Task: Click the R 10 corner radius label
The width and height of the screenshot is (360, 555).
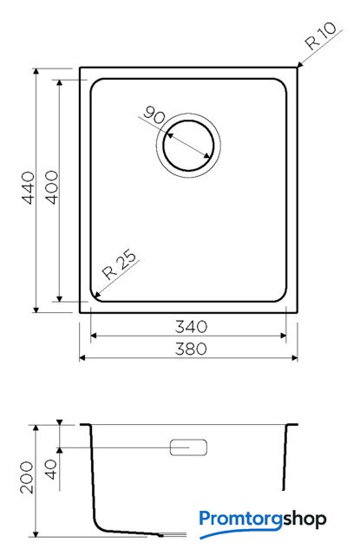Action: [321, 36]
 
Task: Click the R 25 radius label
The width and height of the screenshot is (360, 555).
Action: [119, 264]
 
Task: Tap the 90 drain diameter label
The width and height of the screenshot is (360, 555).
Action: [154, 114]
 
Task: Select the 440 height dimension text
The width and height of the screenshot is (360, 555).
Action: [29, 187]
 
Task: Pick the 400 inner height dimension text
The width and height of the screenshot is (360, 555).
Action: [52, 187]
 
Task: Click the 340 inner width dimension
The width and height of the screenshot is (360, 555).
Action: [191, 327]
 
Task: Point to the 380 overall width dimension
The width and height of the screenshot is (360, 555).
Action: [191, 349]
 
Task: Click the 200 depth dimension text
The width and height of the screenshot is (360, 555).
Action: [27, 477]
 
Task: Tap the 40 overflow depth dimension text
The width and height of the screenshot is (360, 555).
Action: [51, 469]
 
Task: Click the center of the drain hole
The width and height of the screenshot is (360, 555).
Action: [188, 146]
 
